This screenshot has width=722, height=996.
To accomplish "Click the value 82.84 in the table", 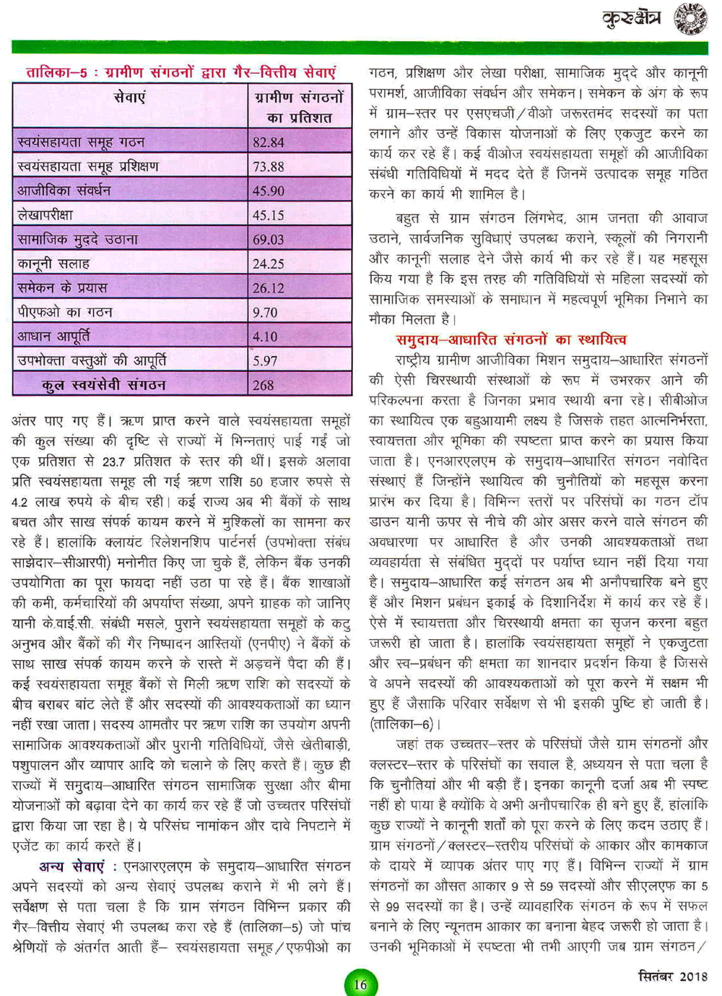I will [269, 142].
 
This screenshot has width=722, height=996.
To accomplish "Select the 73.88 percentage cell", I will [269, 167].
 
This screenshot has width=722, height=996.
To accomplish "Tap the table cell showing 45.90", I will [269, 191].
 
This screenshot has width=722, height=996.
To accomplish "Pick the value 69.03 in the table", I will [269, 240].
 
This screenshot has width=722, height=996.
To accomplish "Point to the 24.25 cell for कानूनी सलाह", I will [269, 264].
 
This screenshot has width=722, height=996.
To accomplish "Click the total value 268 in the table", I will [264, 386].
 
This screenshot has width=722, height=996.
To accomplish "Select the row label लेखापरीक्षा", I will [45, 215].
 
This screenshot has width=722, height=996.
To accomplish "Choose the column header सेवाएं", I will [130, 98].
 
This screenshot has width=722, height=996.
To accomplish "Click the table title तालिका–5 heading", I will [181, 73].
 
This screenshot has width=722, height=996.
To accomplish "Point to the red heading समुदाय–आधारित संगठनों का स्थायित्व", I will [511, 339].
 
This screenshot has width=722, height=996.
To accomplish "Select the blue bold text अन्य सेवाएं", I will [71, 866].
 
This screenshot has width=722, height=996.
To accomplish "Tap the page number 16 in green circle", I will [360, 984].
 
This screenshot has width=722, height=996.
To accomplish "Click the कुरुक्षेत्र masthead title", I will [631, 20].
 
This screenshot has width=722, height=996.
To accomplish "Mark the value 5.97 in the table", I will [265, 361].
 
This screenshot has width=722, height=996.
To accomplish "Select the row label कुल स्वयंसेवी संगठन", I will [104, 386].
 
